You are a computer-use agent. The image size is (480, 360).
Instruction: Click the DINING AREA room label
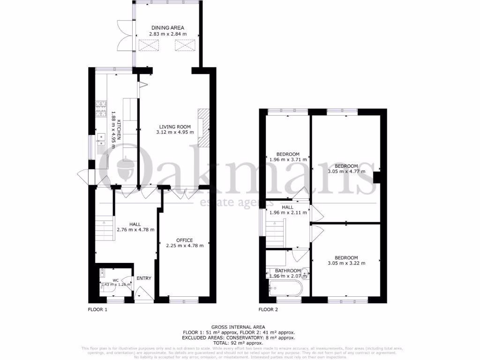(x=167, y=28)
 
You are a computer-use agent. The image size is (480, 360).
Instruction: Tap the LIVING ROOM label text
(x=174, y=127)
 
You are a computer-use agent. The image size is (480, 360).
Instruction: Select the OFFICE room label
(x=184, y=240)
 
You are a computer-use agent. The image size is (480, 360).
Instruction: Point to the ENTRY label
(x=144, y=278)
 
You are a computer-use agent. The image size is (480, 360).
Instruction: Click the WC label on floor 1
(x=115, y=280)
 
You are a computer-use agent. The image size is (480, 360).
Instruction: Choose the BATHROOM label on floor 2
(x=288, y=271)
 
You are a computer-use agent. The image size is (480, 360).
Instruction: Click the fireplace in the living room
(x=203, y=128)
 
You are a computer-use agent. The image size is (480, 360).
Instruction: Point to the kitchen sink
(x=101, y=140)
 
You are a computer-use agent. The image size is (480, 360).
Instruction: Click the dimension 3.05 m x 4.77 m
(x=346, y=172)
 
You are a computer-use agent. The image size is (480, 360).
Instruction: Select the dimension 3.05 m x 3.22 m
(x=346, y=263)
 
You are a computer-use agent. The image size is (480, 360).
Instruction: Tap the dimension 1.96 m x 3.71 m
(x=288, y=160)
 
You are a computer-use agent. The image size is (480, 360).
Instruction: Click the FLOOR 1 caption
(x=97, y=309)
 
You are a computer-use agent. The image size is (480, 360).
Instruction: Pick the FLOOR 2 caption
(x=268, y=309)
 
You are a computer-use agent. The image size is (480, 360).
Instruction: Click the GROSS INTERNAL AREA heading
(x=238, y=327)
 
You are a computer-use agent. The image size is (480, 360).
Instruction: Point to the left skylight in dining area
(x=150, y=46)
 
